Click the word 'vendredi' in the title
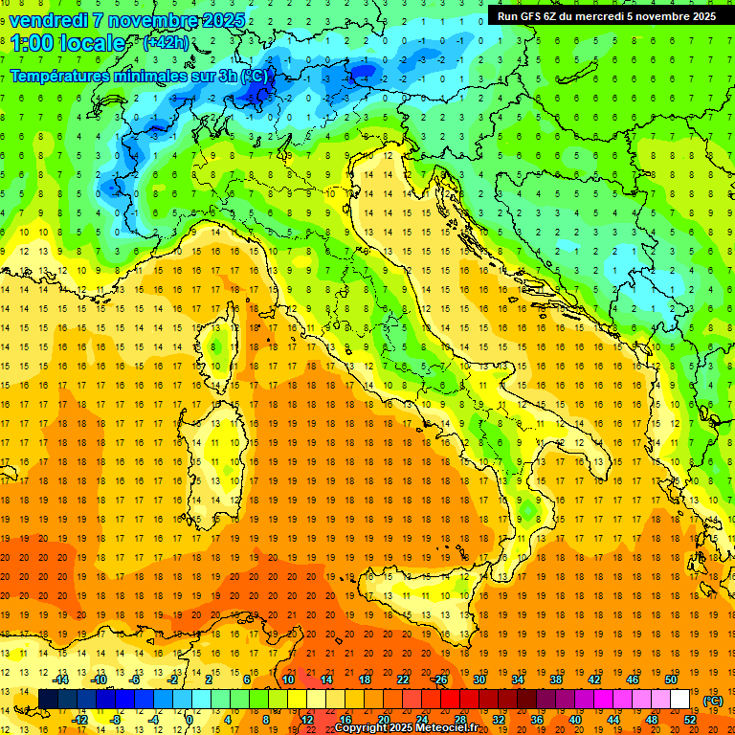click(x=49, y=19)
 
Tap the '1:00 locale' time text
click(x=67, y=43)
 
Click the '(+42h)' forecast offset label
click(x=166, y=43)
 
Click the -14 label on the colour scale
click(x=62, y=679)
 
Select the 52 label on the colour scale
click(x=690, y=720)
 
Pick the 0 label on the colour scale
click(x=189, y=720)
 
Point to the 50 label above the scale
click(x=671, y=679)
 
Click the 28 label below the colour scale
click(x=459, y=720)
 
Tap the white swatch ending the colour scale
click(x=679, y=700)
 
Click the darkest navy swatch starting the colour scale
click(x=48, y=700)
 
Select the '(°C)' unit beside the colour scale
click(x=713, y=701)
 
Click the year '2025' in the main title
click(x=223, y=19)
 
